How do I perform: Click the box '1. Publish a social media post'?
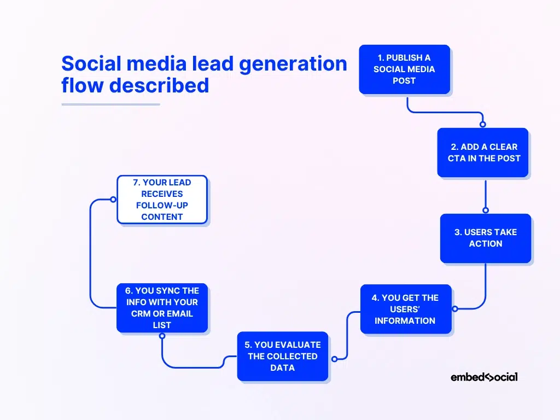pos(404,69)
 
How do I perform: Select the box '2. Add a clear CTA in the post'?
pos(482,153)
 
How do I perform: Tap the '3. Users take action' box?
pos(486,238)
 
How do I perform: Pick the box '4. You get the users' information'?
pos(406,309)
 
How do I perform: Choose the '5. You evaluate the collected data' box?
pos(283,356)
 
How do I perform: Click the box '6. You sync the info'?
pos(162,308)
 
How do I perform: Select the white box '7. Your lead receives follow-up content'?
pos(162,200)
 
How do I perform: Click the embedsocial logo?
pos(484,377)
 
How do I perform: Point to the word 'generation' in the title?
pos(293,64)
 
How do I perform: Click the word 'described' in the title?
pos(159,85)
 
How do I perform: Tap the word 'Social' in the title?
pos(91,63)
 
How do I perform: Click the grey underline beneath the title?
pos(110,104)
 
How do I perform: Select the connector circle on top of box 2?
pos(483,124)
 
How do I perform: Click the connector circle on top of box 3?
pos(486,210)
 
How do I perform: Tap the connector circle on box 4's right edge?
pos(455,308)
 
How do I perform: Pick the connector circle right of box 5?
pos(334,359)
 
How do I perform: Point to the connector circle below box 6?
pos(162,336)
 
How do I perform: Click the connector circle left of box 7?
pos(113,199)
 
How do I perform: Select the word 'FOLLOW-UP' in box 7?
pos(162,206)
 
